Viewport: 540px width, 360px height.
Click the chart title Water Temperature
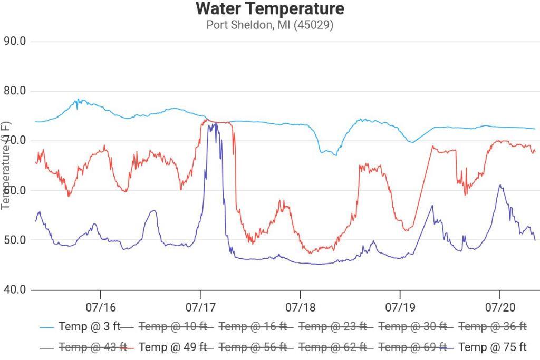tap(269, 9)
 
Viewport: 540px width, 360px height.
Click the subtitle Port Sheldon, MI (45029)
tap(269, 25)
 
